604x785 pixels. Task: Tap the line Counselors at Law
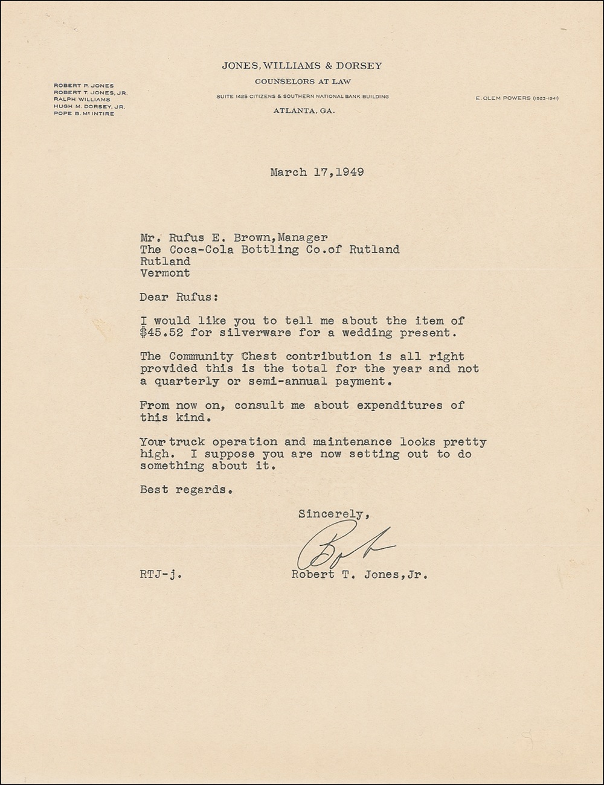click(303, 81)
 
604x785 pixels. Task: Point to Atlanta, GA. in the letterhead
click(304, 111)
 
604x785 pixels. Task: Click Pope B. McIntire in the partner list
click(84, 114)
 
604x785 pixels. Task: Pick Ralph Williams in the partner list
click(82, 100)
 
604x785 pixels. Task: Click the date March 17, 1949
click(316, 172)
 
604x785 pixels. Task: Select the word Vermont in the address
click(165, 273)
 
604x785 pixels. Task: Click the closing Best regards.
click(186, 490)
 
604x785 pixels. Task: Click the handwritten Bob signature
click(344, 548)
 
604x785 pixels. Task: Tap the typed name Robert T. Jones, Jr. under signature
click(359, 575)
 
